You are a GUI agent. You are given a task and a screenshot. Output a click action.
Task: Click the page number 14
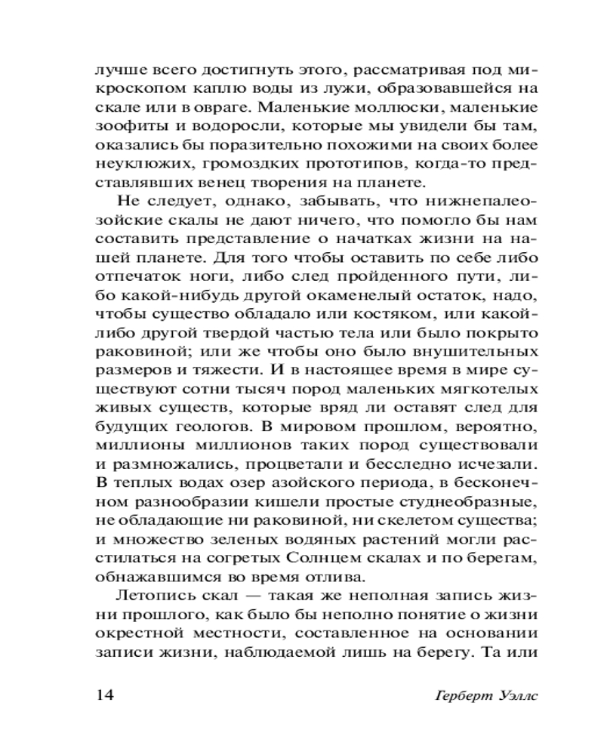(104, 694)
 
